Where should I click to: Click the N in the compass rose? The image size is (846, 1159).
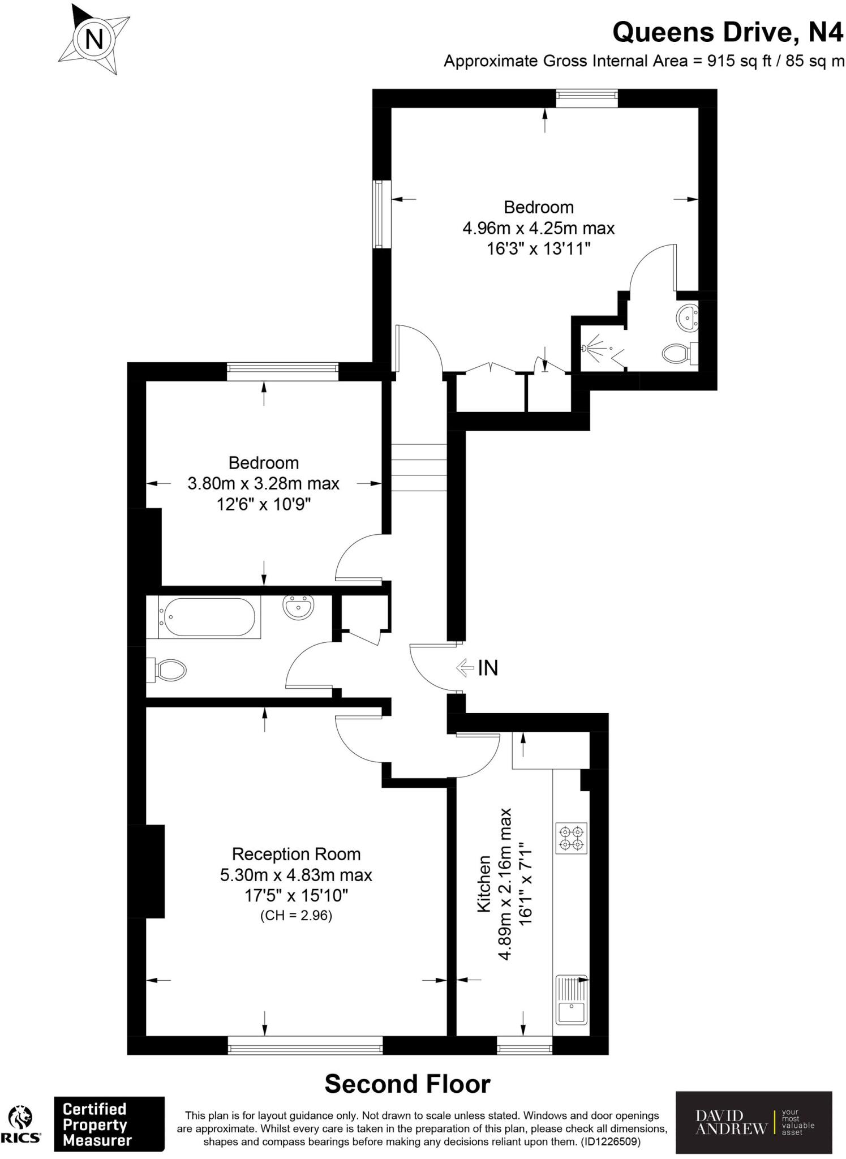94,39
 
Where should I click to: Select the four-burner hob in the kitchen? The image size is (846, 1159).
571,838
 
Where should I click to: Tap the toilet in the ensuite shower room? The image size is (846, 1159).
677,354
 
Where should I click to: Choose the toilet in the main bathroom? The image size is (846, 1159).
168,671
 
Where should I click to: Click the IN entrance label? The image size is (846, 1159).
488,668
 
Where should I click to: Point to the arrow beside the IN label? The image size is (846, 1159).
465,668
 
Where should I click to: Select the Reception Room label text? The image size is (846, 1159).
296,854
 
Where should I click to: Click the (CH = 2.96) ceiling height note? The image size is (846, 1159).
296,915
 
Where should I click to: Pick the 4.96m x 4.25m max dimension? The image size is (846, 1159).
538,228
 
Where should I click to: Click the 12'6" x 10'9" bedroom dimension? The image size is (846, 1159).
264,504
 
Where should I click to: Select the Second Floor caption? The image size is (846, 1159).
407,1084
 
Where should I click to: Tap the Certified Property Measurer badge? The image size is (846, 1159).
109,1124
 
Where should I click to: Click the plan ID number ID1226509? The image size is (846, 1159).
611,1142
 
